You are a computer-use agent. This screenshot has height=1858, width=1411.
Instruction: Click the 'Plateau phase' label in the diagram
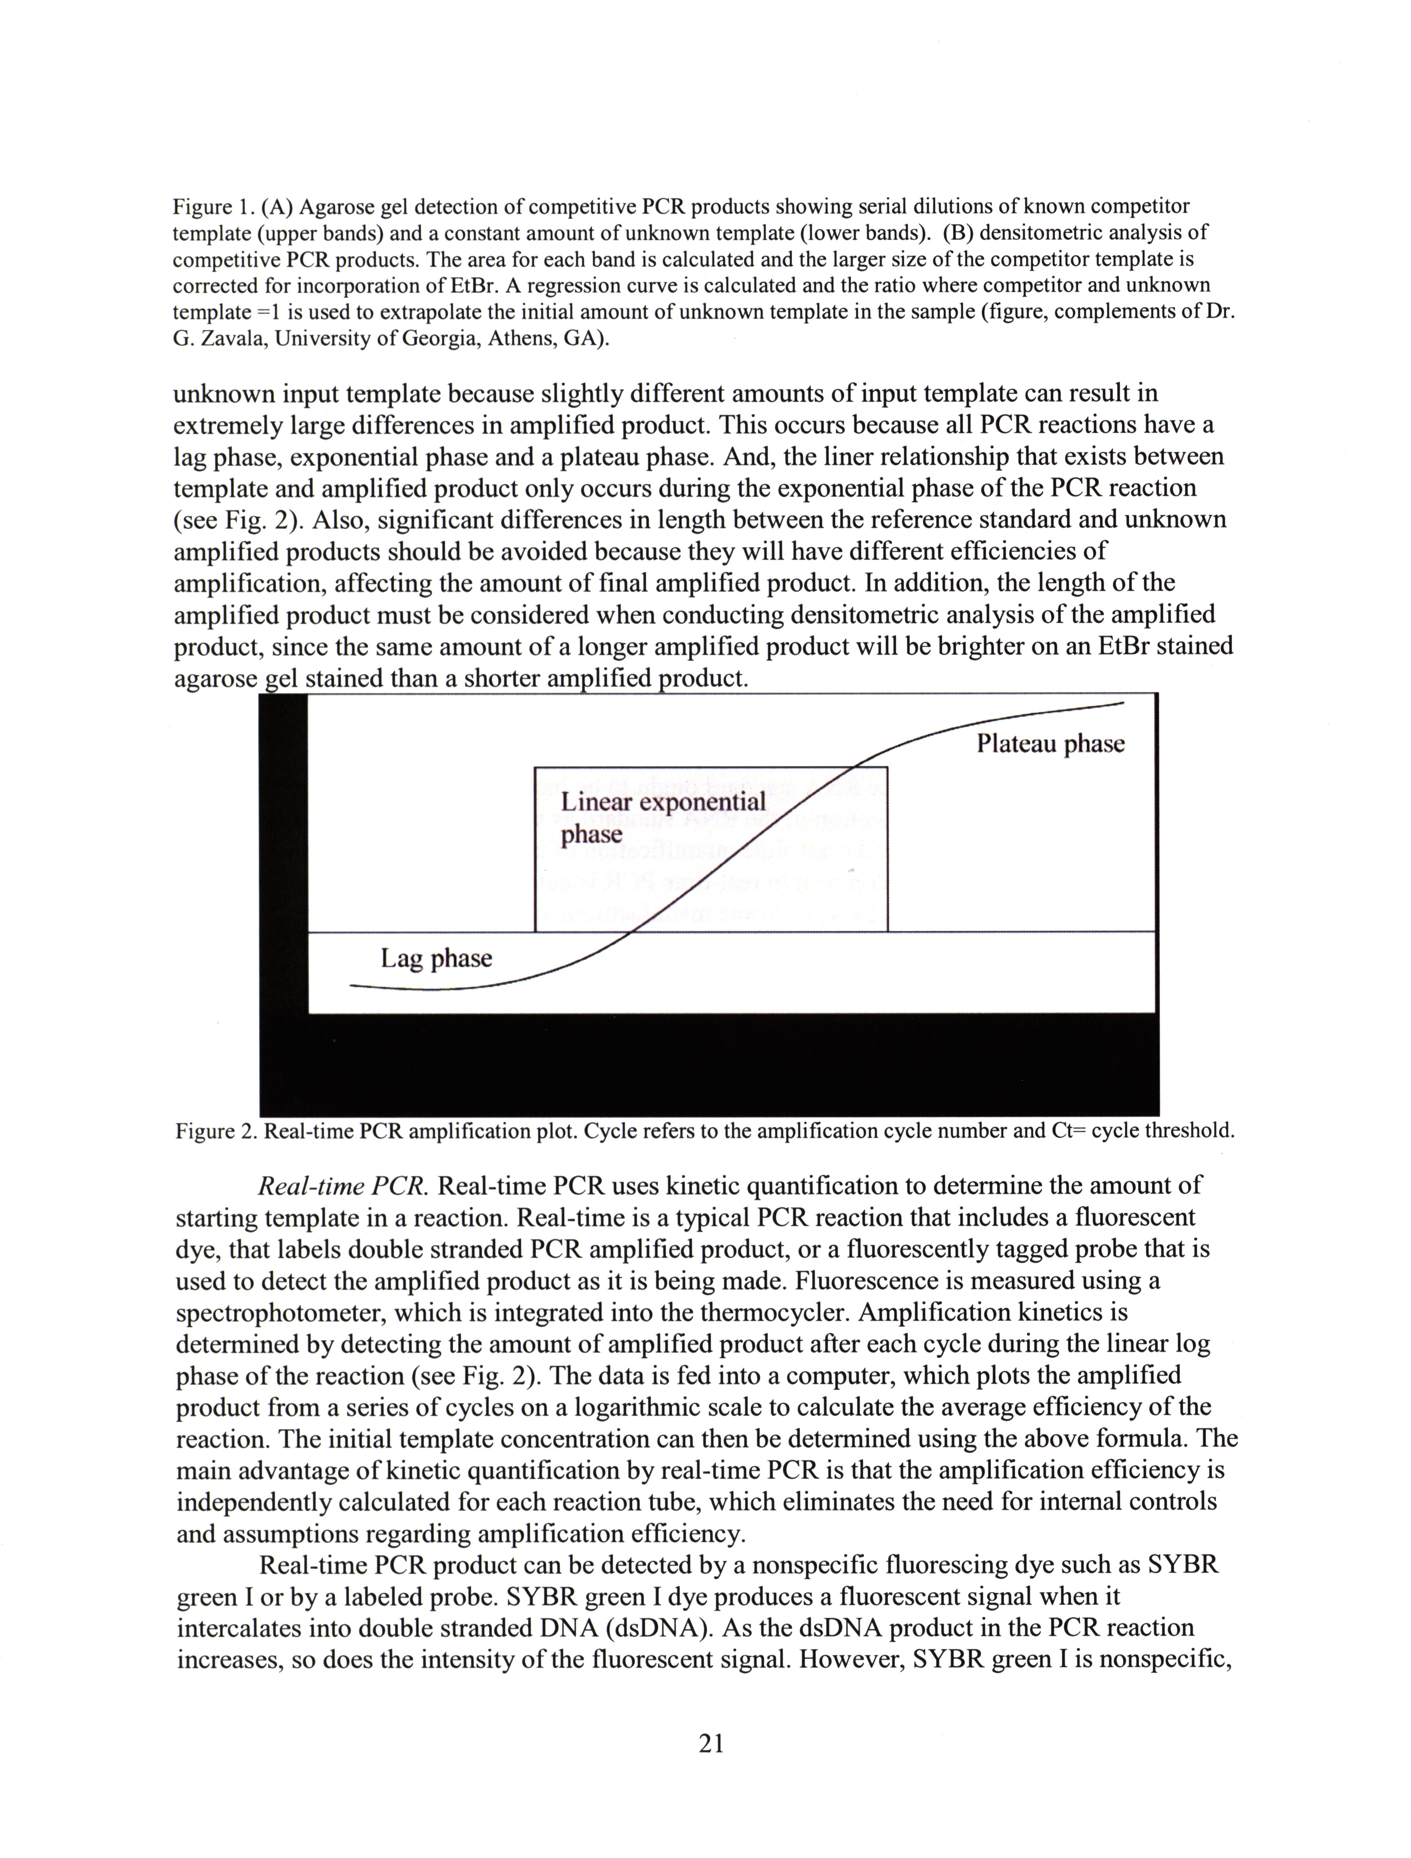pos(1050,744)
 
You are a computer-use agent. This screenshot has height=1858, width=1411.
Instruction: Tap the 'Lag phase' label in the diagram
pos(436,958)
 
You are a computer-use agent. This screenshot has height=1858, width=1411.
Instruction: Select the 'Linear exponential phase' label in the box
pos(663,817)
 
